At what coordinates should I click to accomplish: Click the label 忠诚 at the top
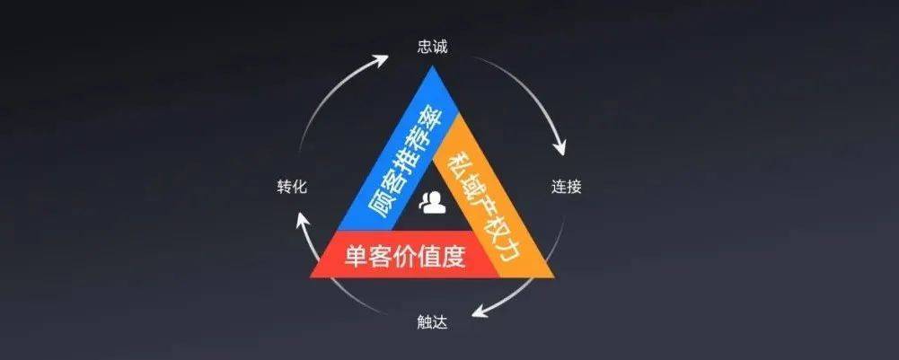pyautogui.click(x=432, y=46)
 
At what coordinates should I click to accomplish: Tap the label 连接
pyautogui.click(x=566, y=188)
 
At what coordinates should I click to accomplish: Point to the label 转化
pyautogui.click(x=293, y=188)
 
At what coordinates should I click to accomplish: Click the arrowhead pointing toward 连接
pyautogui.click(x=561, y=146)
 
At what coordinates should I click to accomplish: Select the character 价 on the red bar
pyautogui.click(x=404, y=258)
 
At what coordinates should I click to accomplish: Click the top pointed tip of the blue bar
pyautogui.click(x=432, y=66)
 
